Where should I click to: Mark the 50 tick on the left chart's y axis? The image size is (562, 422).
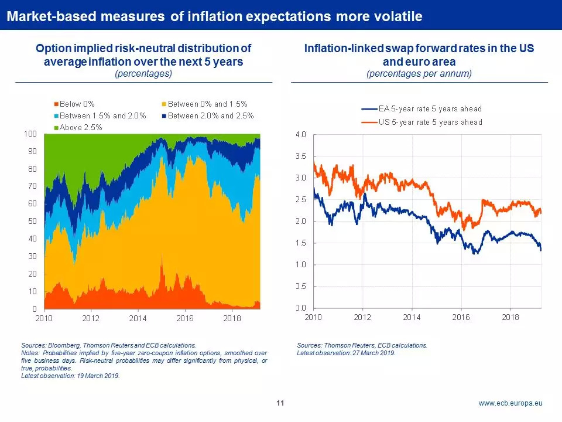point(32,221)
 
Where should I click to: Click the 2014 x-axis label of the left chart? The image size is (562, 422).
point(138,318)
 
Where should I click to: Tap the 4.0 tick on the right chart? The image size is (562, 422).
point(300,135)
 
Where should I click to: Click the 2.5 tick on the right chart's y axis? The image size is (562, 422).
point(300,200)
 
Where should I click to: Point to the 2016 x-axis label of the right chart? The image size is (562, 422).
point(461,316)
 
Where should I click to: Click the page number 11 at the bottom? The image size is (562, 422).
point(280,403)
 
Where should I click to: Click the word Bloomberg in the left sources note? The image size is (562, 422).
point(60,346)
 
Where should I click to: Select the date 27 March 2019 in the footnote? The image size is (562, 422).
point(375,353)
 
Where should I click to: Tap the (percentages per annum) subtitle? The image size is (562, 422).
point(419,74)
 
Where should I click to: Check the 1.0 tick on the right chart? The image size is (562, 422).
point(300,264)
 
